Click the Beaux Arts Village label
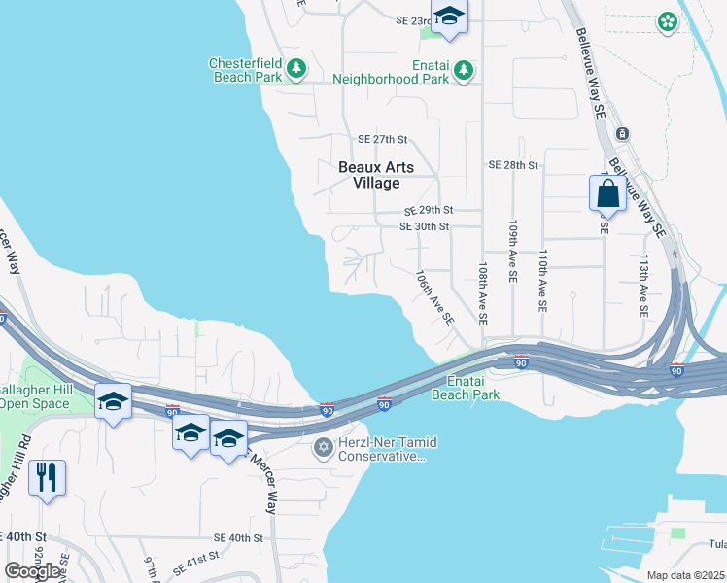tap(375, 175)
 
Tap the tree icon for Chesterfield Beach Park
tap(296, 70)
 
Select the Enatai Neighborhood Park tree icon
tap(465, 70)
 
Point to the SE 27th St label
tap(382, 140)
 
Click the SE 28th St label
tap(513, 165)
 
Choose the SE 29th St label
tap(430, 210)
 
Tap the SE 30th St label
tap(425, 226)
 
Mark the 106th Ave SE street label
tap(434, 297)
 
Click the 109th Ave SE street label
tap(511, 251)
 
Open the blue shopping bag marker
tap(607, 192)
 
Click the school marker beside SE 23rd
tap(449, 17)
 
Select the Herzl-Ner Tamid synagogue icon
tap(324, 448)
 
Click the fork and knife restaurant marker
tap(47, 478)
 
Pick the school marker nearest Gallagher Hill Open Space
tap(113, 401)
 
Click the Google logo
tap(32, 571)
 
